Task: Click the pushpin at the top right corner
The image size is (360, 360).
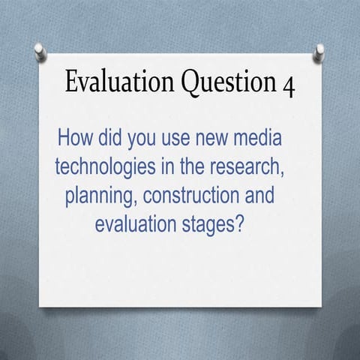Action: click(x=320, y=52)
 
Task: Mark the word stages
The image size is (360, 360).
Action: click(x=213, y=224)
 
